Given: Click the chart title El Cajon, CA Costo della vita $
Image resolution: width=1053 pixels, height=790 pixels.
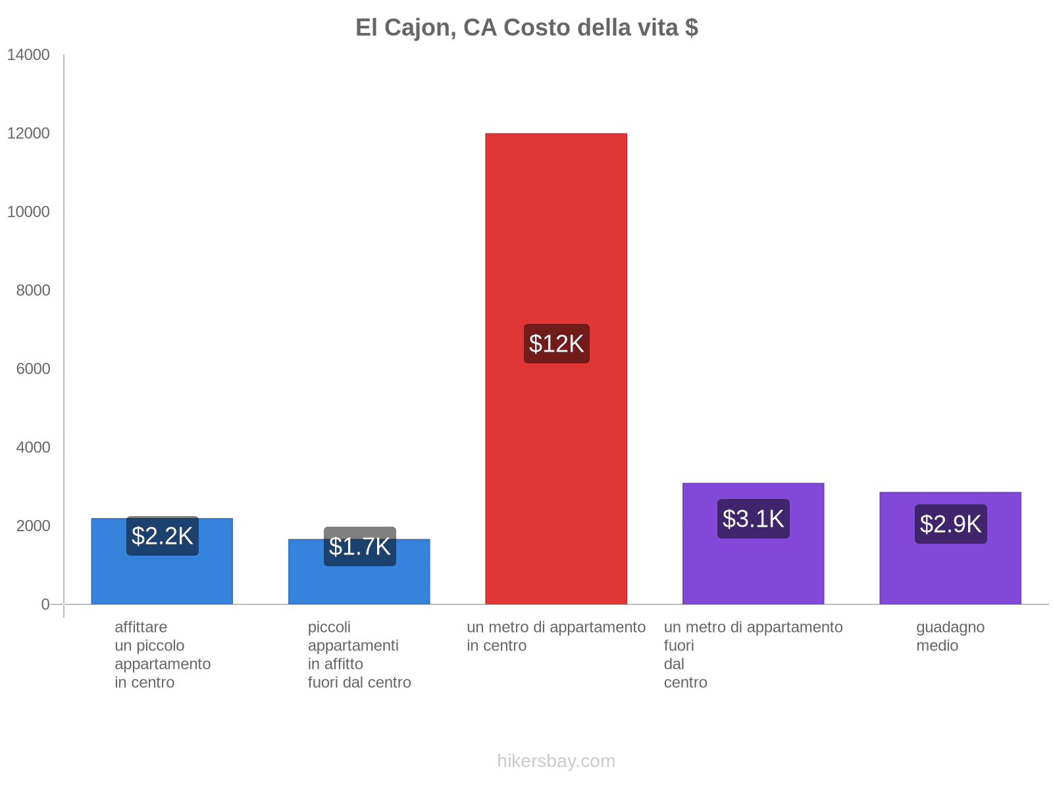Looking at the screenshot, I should point(526,28).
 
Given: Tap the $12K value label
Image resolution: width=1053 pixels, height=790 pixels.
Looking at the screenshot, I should point(556,344).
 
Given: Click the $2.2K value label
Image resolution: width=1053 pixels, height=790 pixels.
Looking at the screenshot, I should point(162,536).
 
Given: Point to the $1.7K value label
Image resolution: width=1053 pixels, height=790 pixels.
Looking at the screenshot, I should point(359,546).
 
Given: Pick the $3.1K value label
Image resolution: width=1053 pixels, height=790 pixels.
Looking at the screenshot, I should point(753,519).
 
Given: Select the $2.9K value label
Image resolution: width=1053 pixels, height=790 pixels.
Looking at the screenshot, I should point(950,524).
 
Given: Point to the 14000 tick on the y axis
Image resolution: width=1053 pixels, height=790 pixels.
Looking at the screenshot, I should point(29,55).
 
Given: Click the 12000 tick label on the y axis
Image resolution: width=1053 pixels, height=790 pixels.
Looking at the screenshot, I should point(29,134).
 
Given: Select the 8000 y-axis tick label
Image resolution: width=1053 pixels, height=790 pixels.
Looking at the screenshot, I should point(33,290).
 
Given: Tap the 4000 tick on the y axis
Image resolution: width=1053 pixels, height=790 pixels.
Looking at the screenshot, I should point(33,448).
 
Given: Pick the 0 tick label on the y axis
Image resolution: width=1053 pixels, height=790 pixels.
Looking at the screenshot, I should point(45,604).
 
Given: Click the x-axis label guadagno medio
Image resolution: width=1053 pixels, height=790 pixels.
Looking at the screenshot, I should point(950,636).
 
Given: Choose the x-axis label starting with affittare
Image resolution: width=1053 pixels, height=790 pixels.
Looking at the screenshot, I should point(163,654).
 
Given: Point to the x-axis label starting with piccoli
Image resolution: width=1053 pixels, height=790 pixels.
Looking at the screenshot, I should point(359,654).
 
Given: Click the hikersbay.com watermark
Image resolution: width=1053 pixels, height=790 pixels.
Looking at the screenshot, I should point(556,761).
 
